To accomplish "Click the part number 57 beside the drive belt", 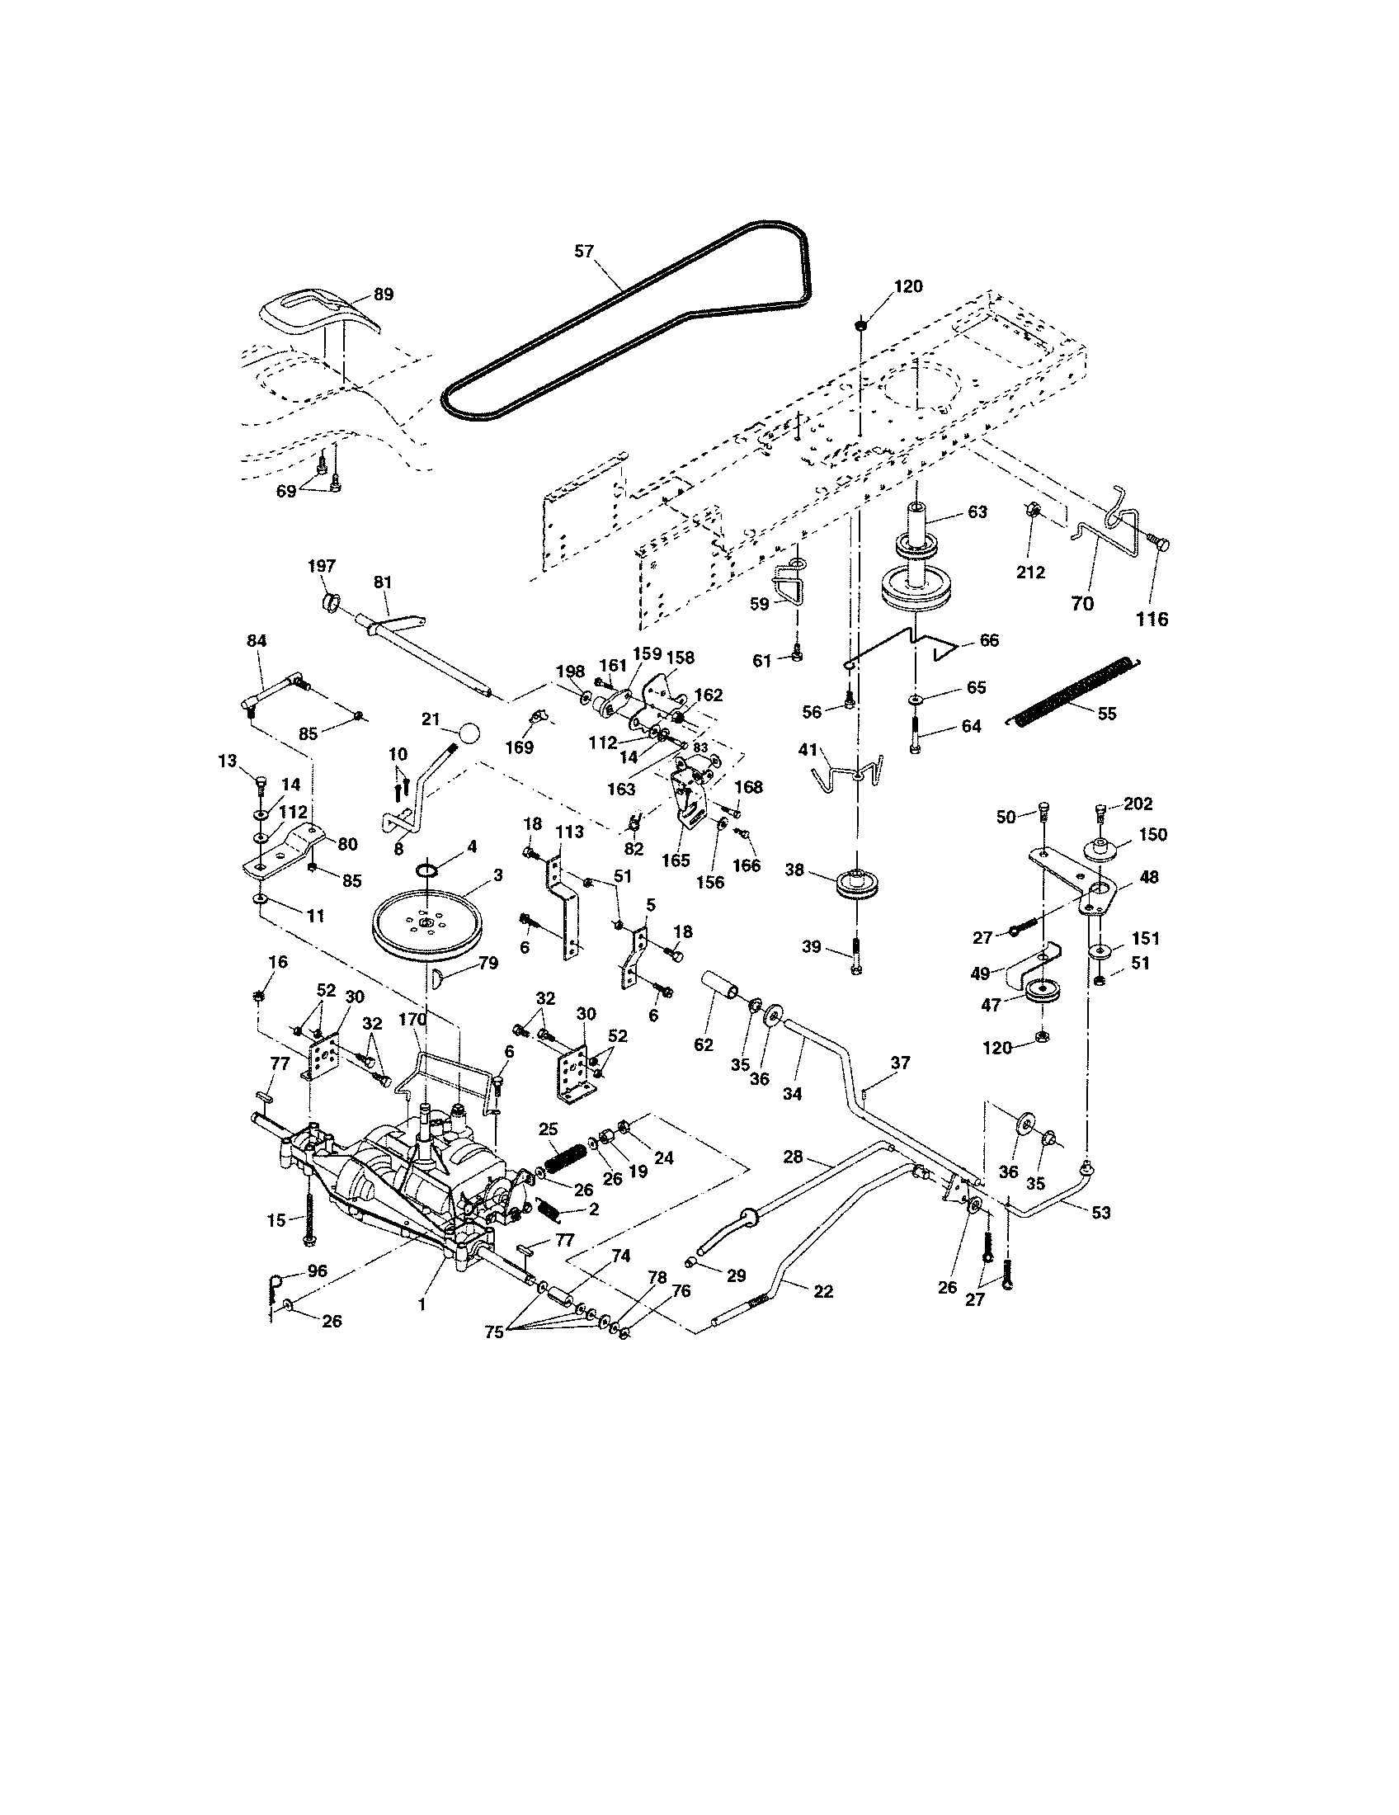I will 584,251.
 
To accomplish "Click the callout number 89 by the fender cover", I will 383,295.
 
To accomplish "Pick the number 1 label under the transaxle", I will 422,1305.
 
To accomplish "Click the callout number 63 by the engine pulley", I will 977,512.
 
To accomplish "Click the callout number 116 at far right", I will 1152,618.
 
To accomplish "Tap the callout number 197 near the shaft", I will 322,566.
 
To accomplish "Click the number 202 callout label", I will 1138,804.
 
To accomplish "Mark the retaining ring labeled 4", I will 427,870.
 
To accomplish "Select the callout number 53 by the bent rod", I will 1100,1213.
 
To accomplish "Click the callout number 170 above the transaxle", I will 412,1019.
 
